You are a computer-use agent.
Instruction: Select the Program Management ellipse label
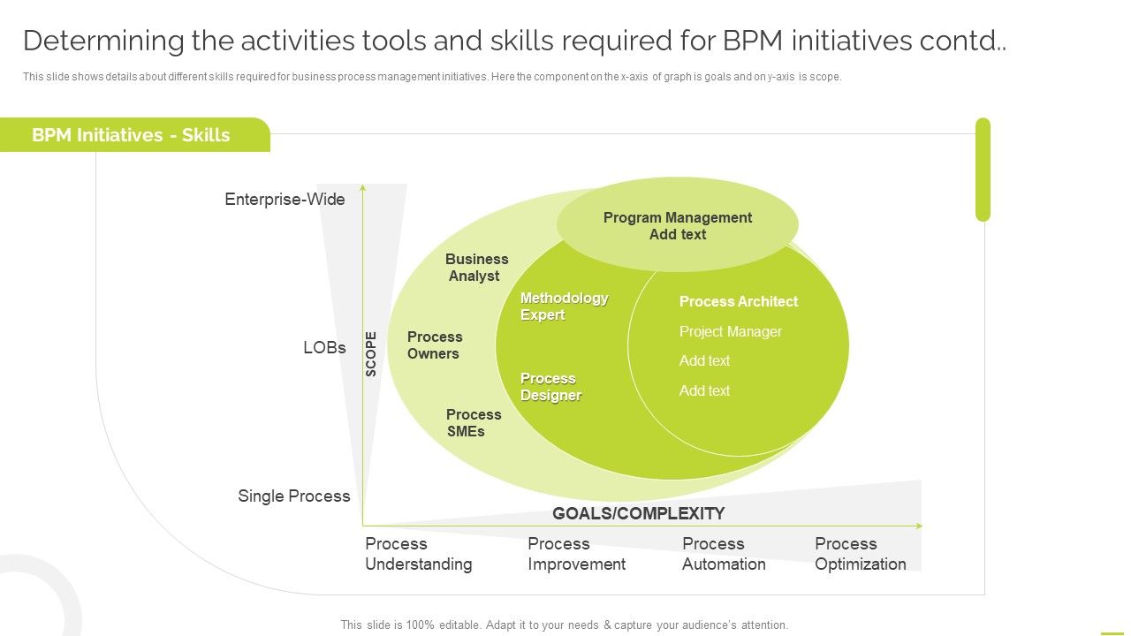coord(677,225)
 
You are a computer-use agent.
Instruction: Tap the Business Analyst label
coord(476,268)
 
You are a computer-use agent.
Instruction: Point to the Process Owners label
coord(434,345)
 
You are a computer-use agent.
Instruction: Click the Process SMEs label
coord(473,423)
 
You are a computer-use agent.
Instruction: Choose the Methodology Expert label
coord(564,307)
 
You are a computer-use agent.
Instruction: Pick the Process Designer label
coord(550,387)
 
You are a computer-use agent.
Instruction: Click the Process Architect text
coord(738,301)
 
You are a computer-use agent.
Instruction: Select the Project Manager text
coord(730,331)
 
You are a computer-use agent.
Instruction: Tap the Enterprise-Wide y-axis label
coord(285,200)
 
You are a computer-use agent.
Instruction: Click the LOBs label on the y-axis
coord(324,347)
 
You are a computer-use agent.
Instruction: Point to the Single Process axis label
coord(293,496)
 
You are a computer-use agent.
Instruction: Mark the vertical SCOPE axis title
coord(371,353)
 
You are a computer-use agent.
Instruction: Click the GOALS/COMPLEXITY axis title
coord(638,513)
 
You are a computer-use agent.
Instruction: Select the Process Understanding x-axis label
coord(418,554)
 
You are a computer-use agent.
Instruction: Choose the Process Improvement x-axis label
coord(576,554)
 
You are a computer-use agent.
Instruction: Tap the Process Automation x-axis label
coord(724,554)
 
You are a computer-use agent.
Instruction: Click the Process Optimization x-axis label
coord(860,554)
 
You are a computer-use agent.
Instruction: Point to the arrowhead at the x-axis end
coord(919,526)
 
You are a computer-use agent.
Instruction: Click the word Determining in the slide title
coord(103,41)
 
